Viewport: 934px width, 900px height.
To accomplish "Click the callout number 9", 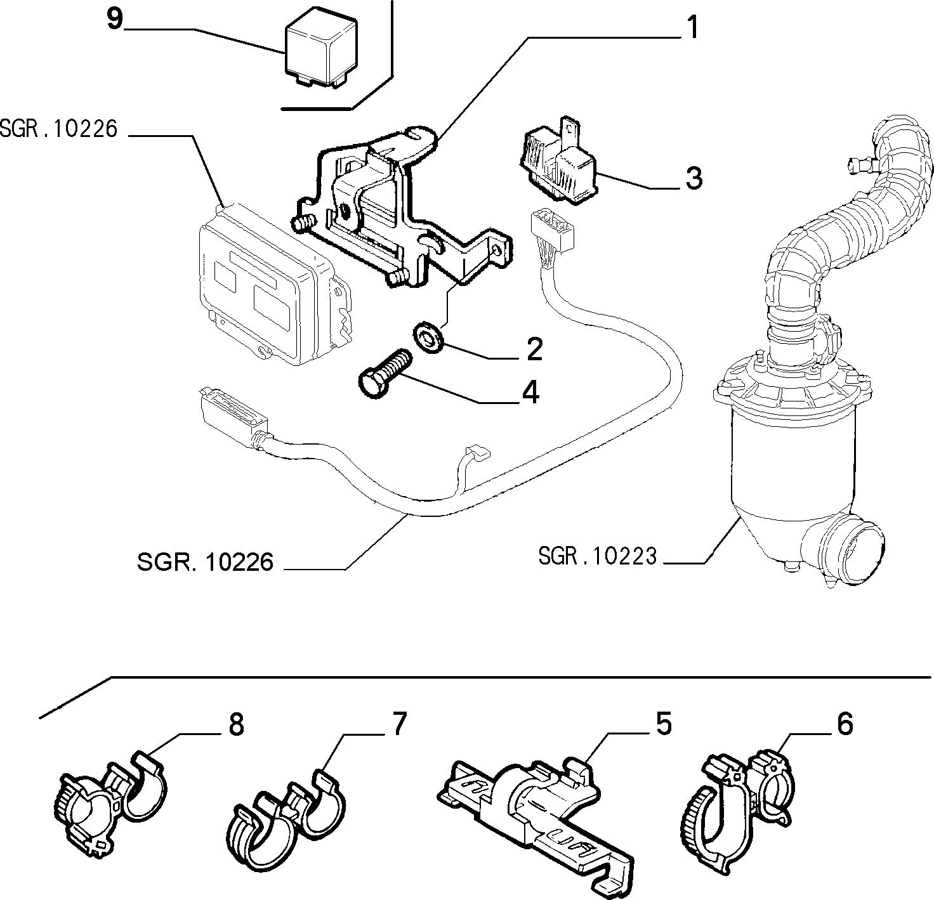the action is click(115, 20).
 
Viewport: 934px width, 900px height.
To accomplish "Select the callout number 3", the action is click(694, 178).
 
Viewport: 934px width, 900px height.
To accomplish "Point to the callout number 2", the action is click(535, 349).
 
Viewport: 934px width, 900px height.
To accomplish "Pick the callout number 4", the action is click(530, 393).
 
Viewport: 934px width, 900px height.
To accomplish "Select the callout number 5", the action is click(664, 724).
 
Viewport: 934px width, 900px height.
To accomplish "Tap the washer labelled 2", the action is click(428, 338).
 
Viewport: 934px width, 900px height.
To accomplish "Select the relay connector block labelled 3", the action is click(559, 162).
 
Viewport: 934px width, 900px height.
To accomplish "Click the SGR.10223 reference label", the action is click(597, 556).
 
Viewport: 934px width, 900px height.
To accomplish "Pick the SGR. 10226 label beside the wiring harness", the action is click(206, 562).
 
